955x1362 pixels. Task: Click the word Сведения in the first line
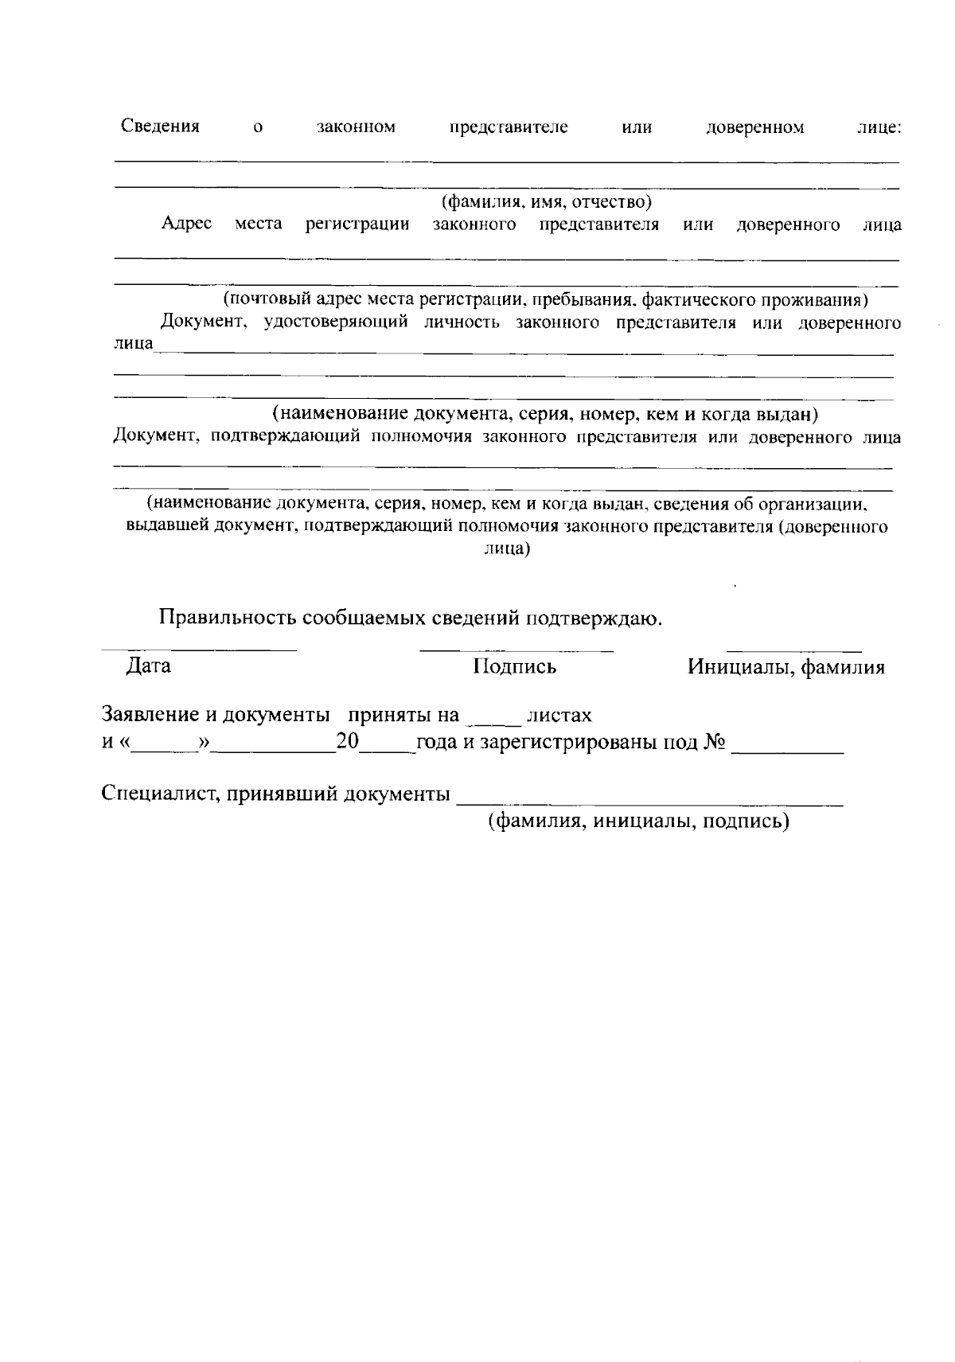coord(160,127)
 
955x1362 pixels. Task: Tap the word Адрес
coord(186,224)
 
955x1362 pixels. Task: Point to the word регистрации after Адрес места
coord(357,224)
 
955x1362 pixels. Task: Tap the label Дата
coord(149,666)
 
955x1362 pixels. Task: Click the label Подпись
coord(515,667)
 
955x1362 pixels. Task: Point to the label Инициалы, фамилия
coord(786,667)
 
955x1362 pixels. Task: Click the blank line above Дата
coord(199,650)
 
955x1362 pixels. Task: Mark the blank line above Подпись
coord(516,650)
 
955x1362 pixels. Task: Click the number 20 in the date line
coord(349,742)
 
